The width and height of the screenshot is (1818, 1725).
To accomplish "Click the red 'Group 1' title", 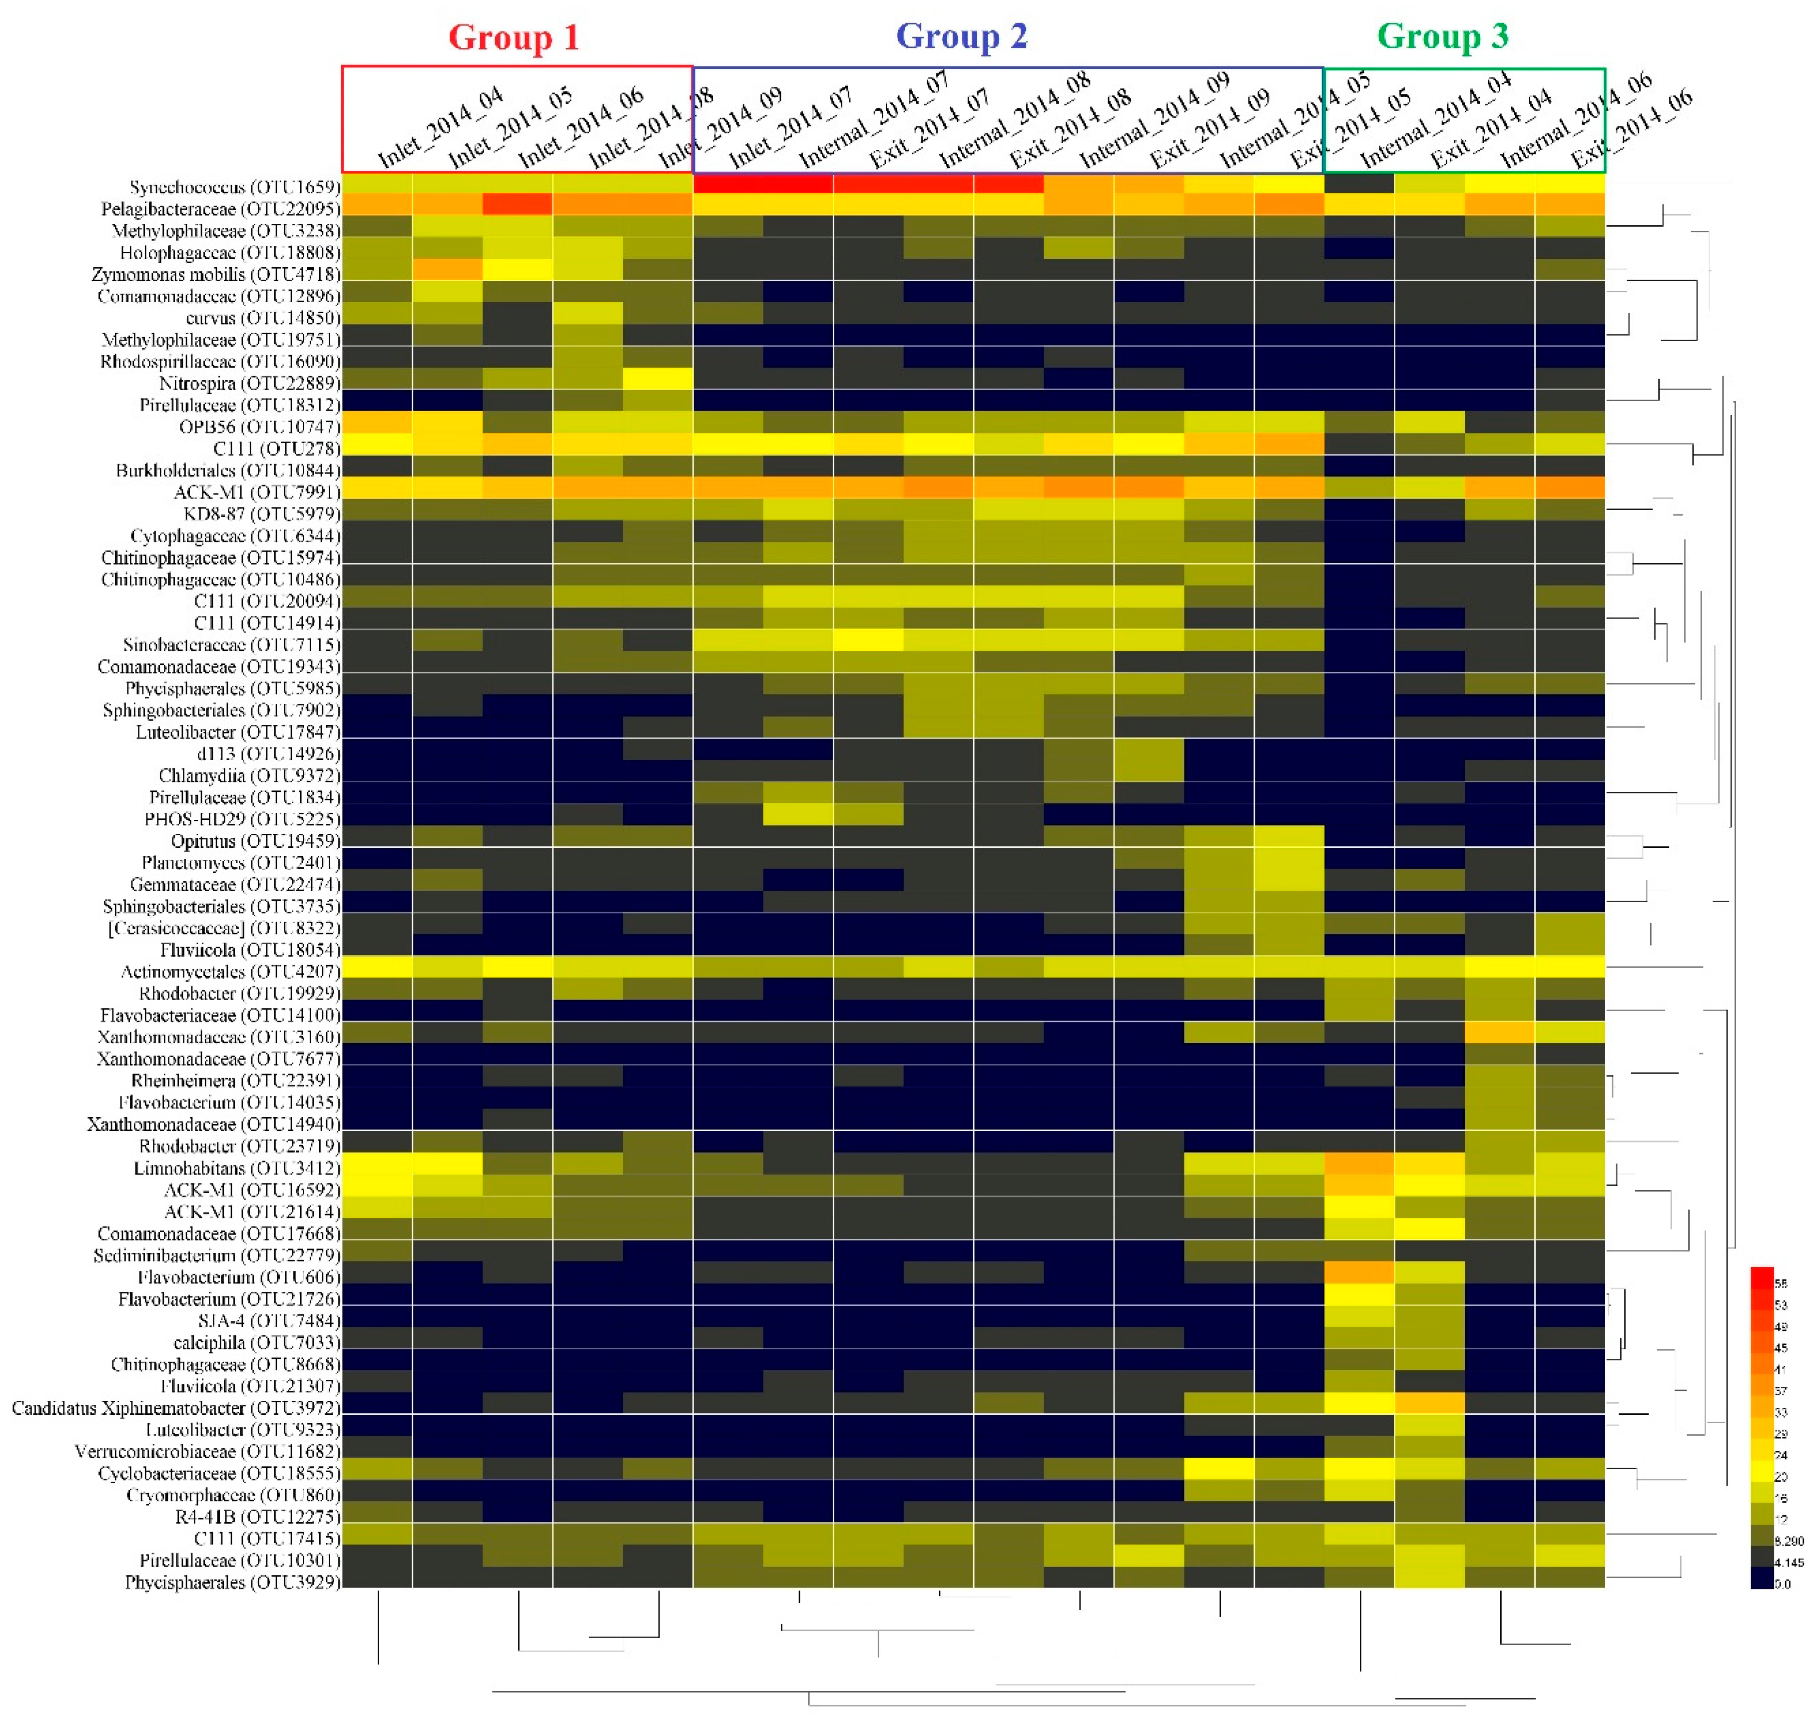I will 513,37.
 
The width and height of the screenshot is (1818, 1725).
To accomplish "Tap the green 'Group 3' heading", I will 1442,36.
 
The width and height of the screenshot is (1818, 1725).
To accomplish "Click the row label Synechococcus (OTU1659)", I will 234,187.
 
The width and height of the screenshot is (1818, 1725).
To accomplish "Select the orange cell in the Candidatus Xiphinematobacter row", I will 1428,1403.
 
